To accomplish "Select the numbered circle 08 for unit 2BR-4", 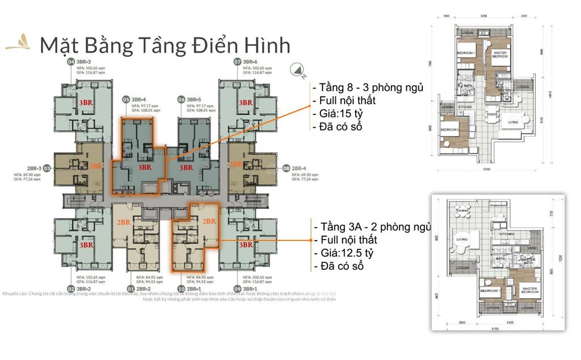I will [287, 168].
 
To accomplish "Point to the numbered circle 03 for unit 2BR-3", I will [47, 168].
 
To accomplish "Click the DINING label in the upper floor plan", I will [491, 114].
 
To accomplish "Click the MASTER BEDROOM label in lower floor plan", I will [529, 290].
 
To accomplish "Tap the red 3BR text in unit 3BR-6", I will [245, 102].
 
